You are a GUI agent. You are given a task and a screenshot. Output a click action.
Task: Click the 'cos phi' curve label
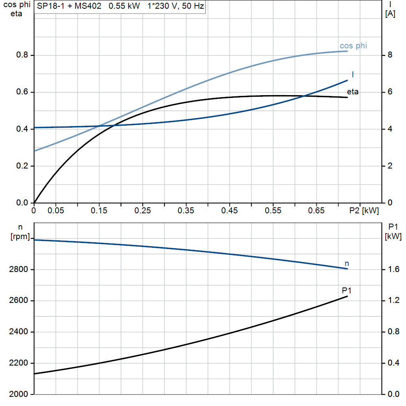click(x=353, y=46)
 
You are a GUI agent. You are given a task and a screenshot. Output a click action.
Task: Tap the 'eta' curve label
click(x=352, y=92)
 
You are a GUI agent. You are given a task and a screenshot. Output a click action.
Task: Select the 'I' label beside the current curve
click(x=353, y=75)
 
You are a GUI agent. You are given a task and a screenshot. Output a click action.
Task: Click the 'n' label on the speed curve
click(x=347, y=263)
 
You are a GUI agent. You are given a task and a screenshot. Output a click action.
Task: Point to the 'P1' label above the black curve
click(x=347, y=291)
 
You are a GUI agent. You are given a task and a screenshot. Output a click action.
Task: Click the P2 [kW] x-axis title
click(x=364, y=211)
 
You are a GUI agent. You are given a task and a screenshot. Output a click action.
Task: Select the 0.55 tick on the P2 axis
click(x=273, y=211)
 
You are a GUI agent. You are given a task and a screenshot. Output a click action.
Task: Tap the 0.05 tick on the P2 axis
click(x=56, y=211)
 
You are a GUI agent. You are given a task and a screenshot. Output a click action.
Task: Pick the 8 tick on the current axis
click(x=390, y=55)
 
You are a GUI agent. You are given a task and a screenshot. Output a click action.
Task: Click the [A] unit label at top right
click(x=390, y=14)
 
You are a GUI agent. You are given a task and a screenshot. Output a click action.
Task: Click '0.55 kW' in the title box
click(x=124, y=7)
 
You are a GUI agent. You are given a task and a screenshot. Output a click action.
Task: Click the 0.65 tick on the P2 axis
click(x=316, y=211)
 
